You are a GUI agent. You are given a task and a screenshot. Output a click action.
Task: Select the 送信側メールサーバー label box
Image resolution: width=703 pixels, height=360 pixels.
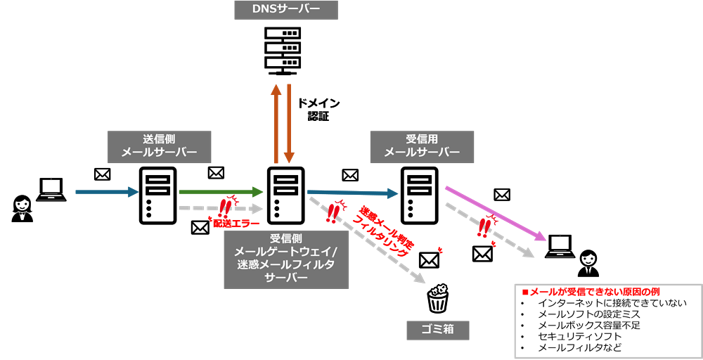pos(159,146)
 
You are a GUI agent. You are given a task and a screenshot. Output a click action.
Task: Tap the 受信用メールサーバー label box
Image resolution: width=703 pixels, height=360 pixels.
pos(422,146)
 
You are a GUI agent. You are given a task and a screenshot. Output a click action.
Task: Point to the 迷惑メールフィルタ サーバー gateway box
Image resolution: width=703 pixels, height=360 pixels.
pos(286,259)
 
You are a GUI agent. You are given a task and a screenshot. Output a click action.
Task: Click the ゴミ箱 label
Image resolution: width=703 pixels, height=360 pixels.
pos(437,329)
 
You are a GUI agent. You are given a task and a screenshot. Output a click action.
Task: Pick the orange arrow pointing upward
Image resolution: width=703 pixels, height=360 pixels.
pos(276,123)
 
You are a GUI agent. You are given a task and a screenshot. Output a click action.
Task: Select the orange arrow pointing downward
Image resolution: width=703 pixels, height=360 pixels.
pos(289,123)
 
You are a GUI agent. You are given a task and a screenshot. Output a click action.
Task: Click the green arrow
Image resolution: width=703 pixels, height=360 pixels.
pos(221,191)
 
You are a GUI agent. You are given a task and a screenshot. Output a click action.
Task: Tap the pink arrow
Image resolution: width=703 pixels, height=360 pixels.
pos(496,214)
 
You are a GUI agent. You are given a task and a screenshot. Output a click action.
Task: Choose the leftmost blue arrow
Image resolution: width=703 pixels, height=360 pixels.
pos(107,191)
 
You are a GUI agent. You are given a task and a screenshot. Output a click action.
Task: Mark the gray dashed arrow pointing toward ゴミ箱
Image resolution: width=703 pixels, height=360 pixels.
pos(367,240)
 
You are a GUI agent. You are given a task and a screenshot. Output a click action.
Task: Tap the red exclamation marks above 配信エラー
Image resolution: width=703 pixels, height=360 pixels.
pos(225,206)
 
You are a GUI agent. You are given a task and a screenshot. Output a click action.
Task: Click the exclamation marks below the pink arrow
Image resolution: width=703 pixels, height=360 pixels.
pos(483,226)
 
